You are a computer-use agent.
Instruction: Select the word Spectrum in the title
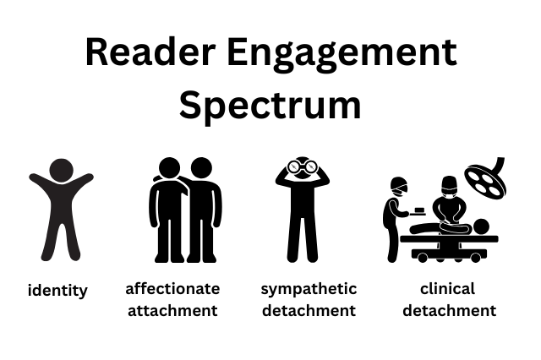(270, 105)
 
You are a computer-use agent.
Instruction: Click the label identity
(57, 291)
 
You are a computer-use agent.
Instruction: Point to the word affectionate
(172, 289)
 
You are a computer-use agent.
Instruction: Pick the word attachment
(172, 310)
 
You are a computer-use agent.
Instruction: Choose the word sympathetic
(309, 289)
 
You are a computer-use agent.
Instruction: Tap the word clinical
(448, 289)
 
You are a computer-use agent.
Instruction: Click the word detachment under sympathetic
(309, 310)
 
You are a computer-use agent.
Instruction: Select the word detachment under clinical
(448, 310)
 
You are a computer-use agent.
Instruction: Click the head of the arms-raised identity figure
(61, 170)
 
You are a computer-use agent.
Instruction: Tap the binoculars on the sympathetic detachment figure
(302, 166)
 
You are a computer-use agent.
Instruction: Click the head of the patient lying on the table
(479, 226)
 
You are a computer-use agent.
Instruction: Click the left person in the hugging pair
(168, 211)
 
